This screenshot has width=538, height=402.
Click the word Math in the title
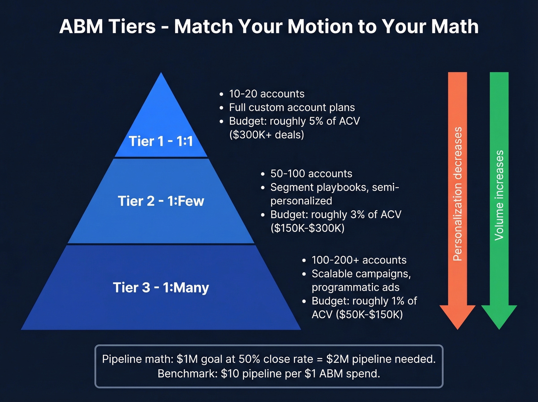pyautogui.click(x=455, y=27)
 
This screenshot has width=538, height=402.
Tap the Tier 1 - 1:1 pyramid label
pyautogui.click(x=161, y=141)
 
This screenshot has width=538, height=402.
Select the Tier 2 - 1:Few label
pyautogui.click(x=161, y=201)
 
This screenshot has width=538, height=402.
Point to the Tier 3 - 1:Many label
pyautogui.click(x=161, y=287)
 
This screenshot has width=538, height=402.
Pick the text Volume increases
pyautogui.click(x=499, y=195)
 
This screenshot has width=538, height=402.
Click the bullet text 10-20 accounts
pyautogui.click(x=267, y=94)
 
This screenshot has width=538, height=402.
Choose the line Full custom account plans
pyautogui.click(x=292, y=107)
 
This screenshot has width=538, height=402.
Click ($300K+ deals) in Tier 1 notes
pyautogui.click(x=266, y=135)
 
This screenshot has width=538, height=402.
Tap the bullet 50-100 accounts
pyautogui.click(x=311, y=173)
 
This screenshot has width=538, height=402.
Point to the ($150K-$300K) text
pyautogui.click(x=307, y=228)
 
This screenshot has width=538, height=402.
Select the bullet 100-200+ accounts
pyautogui.click(x=359, y=260)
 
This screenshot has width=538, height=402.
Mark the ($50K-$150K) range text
pyautogui.click(x=369, y=314)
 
